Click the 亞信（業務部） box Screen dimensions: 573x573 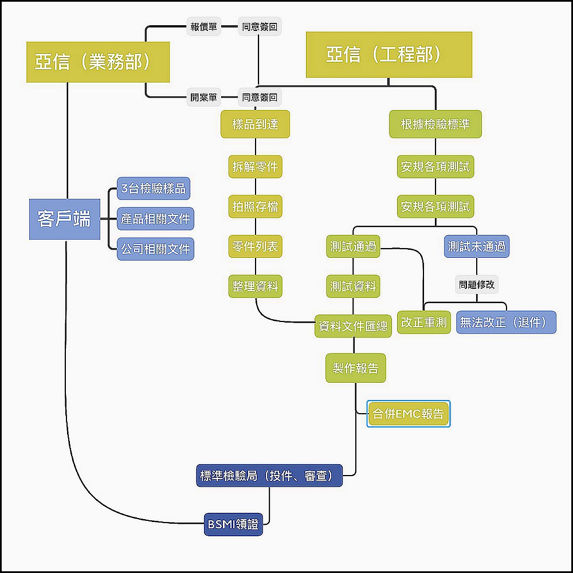(98, 62)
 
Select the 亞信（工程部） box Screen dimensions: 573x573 (388, 54)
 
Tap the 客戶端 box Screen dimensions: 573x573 (64, 218)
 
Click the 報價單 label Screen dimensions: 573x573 (203, 26)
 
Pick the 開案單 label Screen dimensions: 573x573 (203, 97)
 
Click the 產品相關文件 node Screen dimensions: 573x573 (155, 218)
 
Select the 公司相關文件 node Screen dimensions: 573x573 (155, 249)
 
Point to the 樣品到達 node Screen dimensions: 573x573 (255, 124)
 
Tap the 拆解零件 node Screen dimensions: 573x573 (255, 167)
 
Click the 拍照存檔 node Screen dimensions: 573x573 (255, 206)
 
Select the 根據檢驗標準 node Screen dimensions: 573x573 (435, 124)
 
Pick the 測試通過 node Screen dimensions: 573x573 (353, 246)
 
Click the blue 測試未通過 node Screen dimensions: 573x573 (477, 246)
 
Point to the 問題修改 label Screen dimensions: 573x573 (477, 284)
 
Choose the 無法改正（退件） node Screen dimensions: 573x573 (506, 322)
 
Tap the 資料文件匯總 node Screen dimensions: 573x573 (353, 327)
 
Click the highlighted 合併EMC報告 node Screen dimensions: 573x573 (409, 414)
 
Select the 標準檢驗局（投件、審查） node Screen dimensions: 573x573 (269, 476)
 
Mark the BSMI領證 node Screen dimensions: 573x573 (233, 524)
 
